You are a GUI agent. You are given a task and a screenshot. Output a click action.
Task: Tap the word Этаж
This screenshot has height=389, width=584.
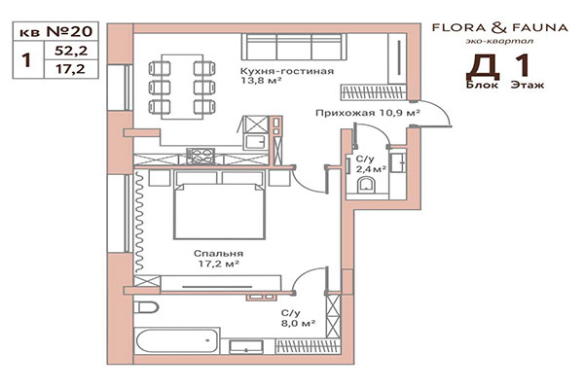pos(529,86)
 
